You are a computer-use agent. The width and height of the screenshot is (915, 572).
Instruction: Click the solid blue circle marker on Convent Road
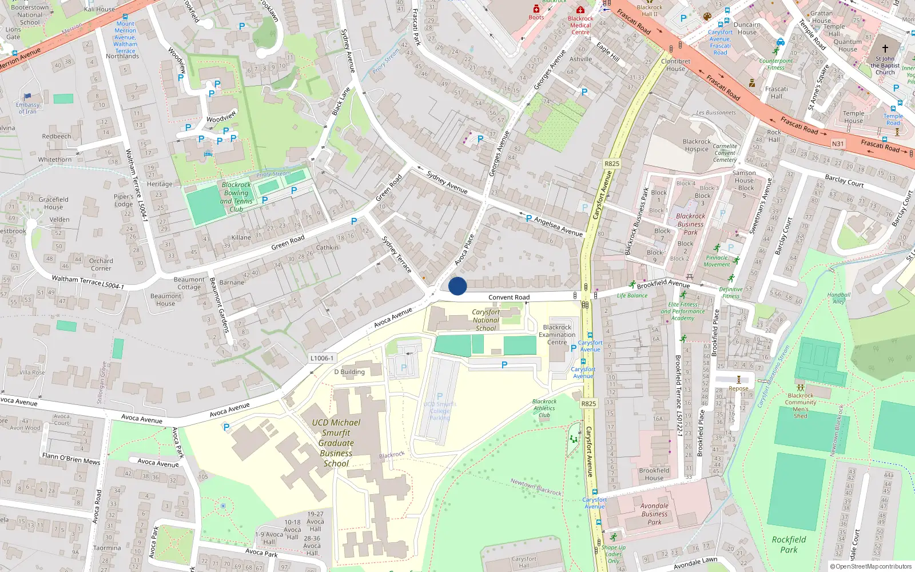pyautogui.click(x=457, y=286)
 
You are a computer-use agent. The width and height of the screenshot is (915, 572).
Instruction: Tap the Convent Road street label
pyautogui.click(x=508, y=297)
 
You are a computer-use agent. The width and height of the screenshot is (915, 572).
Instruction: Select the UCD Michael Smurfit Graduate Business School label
pyautogui.click(x=336, y=443)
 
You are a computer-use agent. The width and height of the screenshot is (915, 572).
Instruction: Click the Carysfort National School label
pyautogui.click(x=486, y=320)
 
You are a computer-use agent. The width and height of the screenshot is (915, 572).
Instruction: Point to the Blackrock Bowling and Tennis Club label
pyautogui.click(x=236, y=197)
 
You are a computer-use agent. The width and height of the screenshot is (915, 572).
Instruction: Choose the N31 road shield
pyautogui.click(x=838, y=144)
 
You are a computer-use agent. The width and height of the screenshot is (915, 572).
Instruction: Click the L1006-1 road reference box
pyautogui.click(x=321, y=358)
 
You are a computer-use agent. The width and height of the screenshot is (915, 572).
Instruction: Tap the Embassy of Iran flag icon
pyautogui.click(x=27, y=96)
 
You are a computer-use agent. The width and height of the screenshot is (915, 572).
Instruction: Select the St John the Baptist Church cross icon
pyautogui.click(x=885, y=49)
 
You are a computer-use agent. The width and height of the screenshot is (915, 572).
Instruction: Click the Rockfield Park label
pyautogui.click(x=789, y=545)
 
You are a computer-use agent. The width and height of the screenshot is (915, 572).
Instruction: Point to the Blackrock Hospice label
pyautogui.click(x=697, y=145)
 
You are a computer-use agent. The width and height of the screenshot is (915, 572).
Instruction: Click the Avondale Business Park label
pyautogui.click(x=654, y=514)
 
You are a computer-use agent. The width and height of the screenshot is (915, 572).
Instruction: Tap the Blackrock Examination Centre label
pyautogui.click(x=556, y=335)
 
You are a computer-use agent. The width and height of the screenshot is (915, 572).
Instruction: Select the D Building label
pyautogui.click(x=349, y=372)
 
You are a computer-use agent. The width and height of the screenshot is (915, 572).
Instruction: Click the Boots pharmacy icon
pyautogui.click(x=536, y=9)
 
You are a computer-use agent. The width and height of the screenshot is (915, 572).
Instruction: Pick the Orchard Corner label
pyautogui.click(x=101, y=264)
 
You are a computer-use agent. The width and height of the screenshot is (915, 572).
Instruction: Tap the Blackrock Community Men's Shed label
pyautogui.click(x=801, y=406)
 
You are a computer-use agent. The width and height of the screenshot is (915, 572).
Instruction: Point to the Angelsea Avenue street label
pyautogui.click(x=558, y=226)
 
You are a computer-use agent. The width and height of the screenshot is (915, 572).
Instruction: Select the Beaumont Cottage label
pyautogui.click(x=189, y=283)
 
